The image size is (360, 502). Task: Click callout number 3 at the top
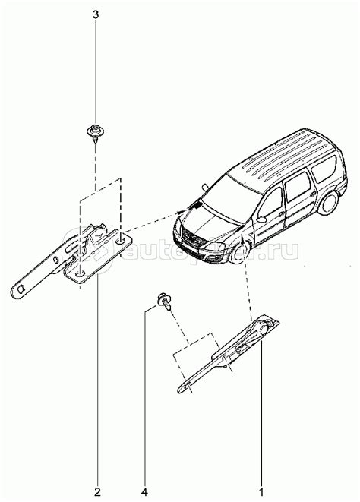[x=96, y=14]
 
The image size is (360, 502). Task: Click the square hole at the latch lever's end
[x=21, y=287]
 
